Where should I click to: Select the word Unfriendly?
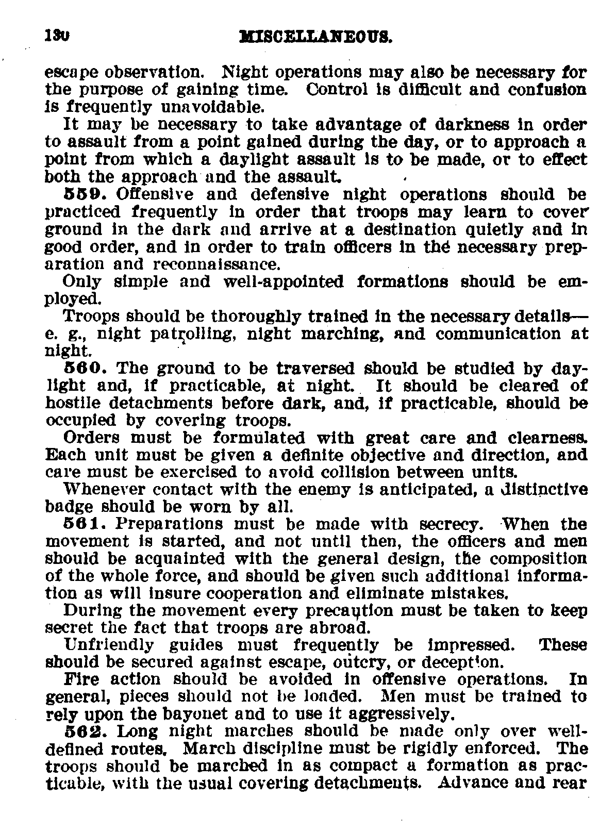[108, 645]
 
